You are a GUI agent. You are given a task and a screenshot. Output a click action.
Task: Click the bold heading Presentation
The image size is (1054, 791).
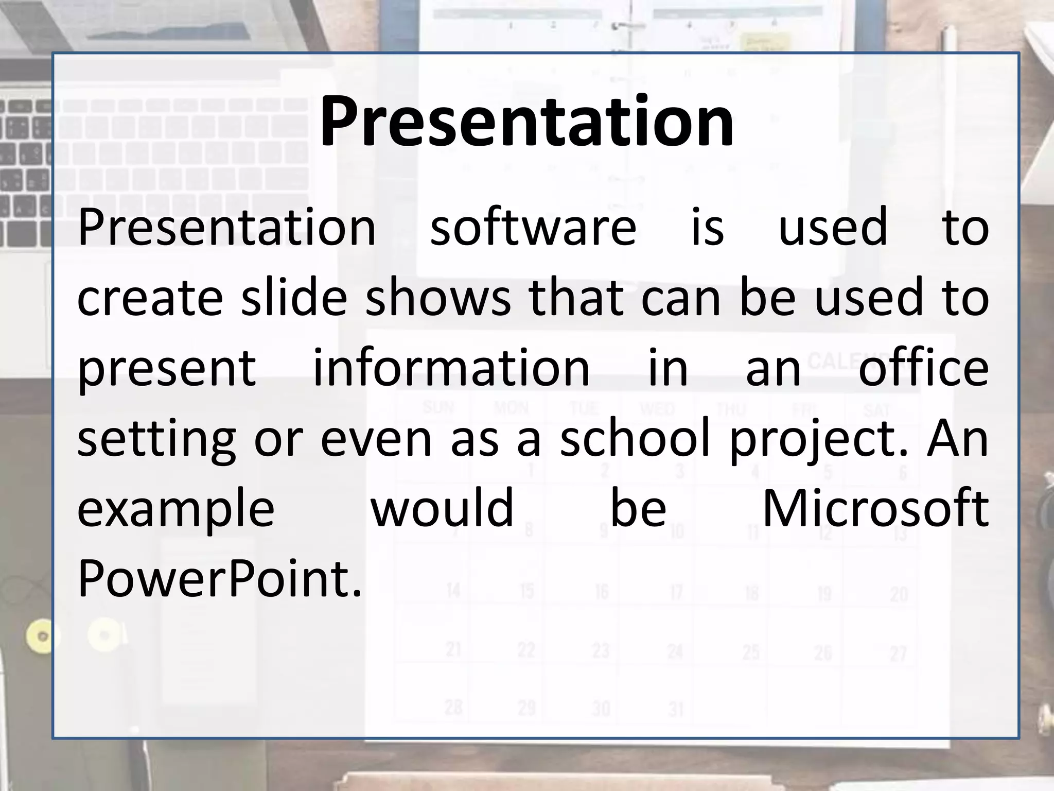pyautogui.click(x=526, y=122)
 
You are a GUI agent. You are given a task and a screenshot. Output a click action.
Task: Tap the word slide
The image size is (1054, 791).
pyautogui.click(x=294, y=298)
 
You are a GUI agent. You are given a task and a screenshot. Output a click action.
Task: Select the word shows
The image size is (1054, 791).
pyautogui.click(x=438, y=298)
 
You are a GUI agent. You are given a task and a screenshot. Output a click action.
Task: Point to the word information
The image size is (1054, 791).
pyautogui.click(x=451, y=368)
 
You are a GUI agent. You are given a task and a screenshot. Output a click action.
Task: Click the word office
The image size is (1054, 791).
pyautogui.click(x=923, y=368)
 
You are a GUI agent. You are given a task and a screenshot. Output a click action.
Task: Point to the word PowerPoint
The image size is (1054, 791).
pyautogui.click(x=220, y=579)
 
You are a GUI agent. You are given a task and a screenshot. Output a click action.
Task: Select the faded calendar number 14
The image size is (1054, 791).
pyautogui.click(x=453, y=590)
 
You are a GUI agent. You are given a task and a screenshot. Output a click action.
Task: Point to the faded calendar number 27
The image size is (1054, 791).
pyautogui.click(x=898, y=654)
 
